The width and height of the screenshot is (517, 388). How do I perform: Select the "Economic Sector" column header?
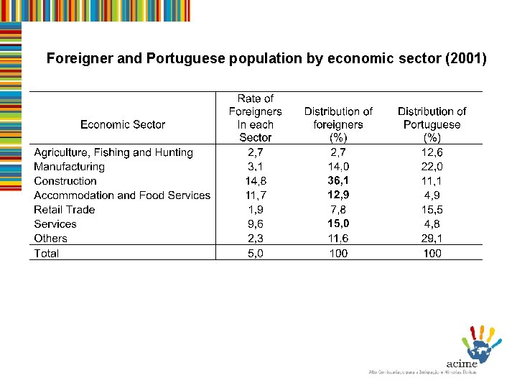pos(123,124)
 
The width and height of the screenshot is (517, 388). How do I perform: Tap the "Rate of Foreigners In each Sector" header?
pos(255,118)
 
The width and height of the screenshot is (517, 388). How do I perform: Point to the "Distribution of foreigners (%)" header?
pos(338,124)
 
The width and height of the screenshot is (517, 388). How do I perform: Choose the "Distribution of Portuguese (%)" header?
pos(432,124)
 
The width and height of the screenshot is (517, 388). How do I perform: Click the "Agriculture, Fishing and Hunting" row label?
pos(113,152)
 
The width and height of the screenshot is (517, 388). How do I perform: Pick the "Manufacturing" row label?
pos(69,167)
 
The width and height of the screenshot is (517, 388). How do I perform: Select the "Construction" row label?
pos(65,181)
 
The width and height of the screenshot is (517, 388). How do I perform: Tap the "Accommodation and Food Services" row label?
pos(122,195)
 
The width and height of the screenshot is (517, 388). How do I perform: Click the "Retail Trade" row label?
pos(64,210)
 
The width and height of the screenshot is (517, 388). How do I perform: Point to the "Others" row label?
pos(50,239)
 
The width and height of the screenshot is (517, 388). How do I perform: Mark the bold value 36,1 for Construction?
pos(338,181)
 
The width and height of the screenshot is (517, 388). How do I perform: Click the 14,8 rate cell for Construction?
pos(256,181)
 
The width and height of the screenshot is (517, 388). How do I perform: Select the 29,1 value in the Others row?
pos(432,239)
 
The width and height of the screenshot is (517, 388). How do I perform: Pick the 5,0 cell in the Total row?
pos(256,253)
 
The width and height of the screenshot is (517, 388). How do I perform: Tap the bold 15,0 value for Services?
pos(338,224)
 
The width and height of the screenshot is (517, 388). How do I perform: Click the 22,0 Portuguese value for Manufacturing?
pos(432,167)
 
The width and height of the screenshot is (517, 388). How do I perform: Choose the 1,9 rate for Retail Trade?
pos(256,210)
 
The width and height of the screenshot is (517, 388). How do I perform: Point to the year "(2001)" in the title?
pos(466,59)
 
